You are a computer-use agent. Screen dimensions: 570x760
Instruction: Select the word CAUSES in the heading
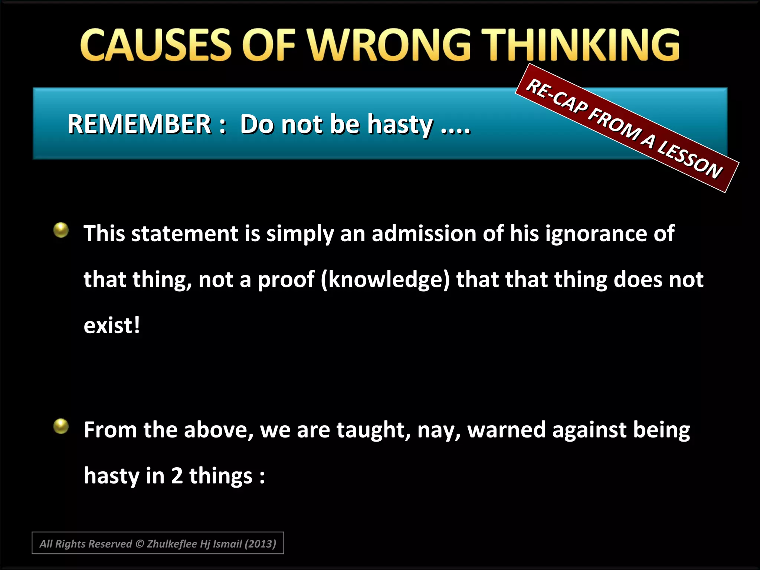[156, 45]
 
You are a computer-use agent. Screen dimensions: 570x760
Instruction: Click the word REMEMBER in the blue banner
[139, 124]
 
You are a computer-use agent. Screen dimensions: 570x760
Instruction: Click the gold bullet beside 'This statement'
[61, 230]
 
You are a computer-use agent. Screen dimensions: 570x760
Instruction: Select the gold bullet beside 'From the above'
[61, 426]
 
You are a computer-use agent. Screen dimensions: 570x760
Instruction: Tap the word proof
[286, 281]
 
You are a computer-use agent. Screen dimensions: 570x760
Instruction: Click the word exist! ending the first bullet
[112, 325]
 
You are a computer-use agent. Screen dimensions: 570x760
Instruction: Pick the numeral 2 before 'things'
[177, 476]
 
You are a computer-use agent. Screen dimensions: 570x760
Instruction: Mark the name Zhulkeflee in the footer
[172, 544]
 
